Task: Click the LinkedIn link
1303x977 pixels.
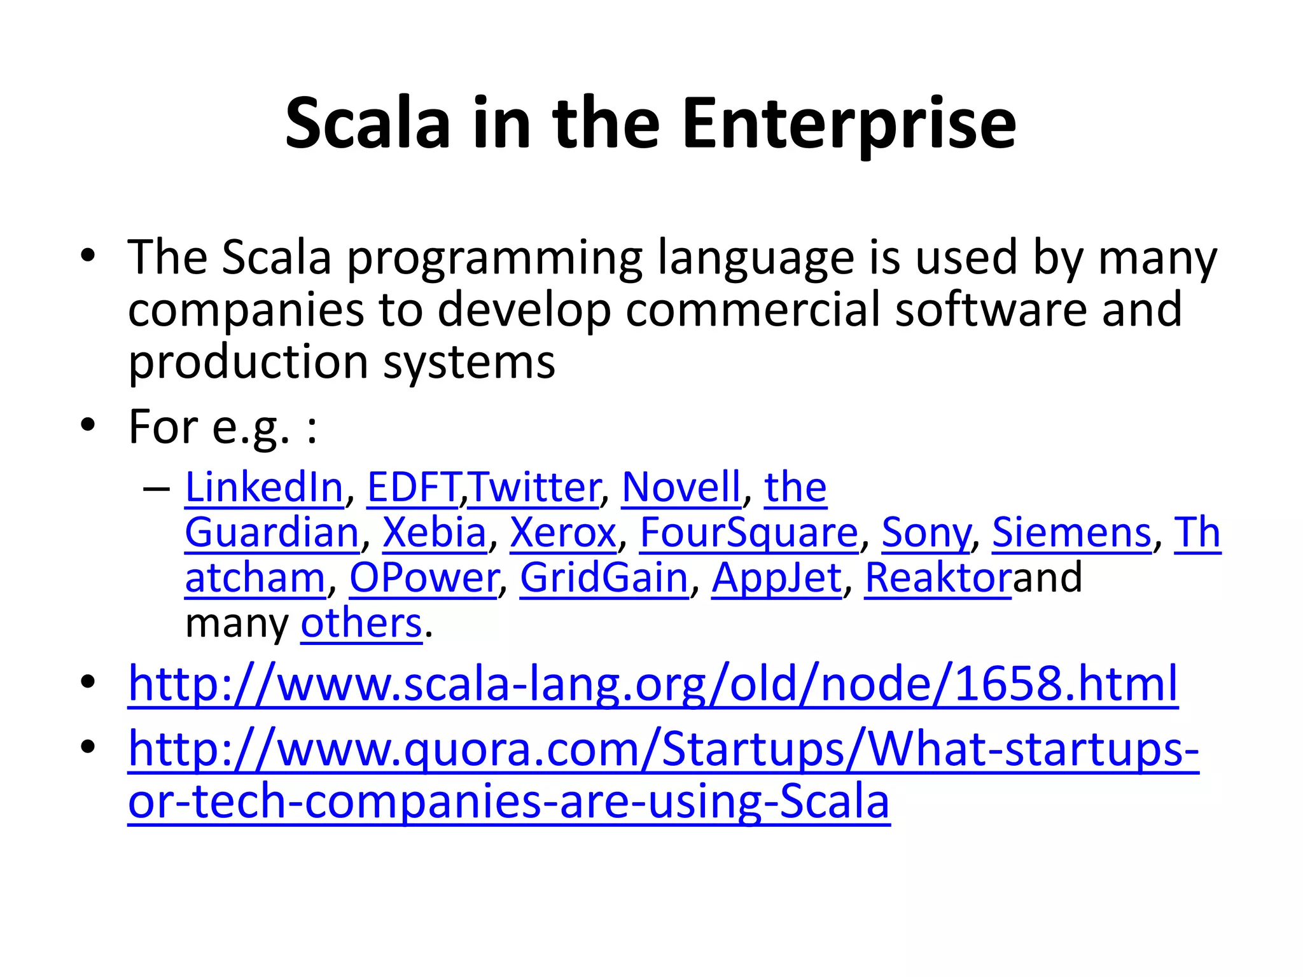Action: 264,487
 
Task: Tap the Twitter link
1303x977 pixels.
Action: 534,487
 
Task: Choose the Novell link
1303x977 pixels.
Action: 681,487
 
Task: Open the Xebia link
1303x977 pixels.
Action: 435,532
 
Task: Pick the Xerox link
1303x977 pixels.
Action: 563,532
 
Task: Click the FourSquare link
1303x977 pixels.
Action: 749,532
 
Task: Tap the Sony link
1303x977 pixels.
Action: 926,532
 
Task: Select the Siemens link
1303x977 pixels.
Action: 1072,532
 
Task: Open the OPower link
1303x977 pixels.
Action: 424,578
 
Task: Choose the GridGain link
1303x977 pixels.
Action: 604,578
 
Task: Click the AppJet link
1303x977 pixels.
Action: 777,578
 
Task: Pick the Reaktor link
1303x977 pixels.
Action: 938,578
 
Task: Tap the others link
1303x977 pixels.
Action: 361,623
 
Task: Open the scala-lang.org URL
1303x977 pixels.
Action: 653,684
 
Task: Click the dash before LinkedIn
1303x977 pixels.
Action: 157,488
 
